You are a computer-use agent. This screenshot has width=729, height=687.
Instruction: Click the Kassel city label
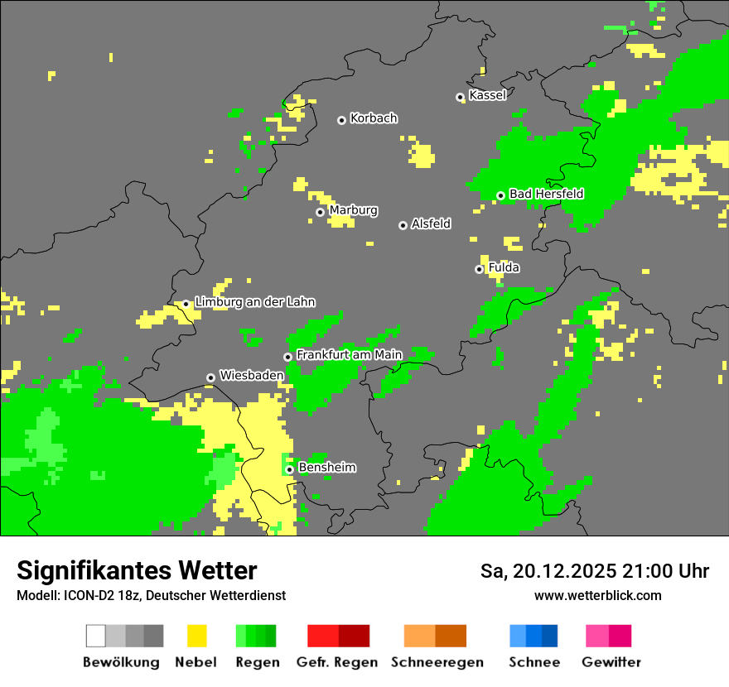click(487, 95)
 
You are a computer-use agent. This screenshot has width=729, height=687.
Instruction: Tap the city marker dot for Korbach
click(341, 120)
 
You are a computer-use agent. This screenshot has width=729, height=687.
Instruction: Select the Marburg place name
click(353, 210)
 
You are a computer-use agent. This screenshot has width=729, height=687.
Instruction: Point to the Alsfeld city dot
click(403, 225)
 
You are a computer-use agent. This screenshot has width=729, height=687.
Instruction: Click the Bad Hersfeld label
click(546, 194)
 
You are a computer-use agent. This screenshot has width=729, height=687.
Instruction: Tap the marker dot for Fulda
click(479, 269)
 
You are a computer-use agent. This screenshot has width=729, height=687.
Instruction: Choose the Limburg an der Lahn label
click(254, 302)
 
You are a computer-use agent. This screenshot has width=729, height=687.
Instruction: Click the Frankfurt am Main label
click(349, 354)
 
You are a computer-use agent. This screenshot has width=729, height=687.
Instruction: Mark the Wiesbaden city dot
click(210, 377)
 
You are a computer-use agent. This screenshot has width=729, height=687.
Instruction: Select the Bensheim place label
click(326, 468)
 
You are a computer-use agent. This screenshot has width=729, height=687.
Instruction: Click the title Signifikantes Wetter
click(137, 570)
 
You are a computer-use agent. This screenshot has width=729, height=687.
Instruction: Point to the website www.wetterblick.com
click(597, 595)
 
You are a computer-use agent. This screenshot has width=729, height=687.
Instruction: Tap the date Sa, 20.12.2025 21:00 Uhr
click(594, 571)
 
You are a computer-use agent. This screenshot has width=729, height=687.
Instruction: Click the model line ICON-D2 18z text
click(151, 595)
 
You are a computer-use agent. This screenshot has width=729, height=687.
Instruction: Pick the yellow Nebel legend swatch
click(196, 636)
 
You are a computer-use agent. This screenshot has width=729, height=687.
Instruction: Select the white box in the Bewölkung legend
click(96, 636)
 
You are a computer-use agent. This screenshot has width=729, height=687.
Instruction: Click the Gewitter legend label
click(611, 662)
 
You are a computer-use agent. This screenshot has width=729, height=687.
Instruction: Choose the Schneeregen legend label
click(437, 662)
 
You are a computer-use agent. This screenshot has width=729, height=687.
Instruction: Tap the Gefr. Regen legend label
click(337, 662)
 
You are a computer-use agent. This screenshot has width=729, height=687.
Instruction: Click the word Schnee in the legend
click(533, 662)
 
